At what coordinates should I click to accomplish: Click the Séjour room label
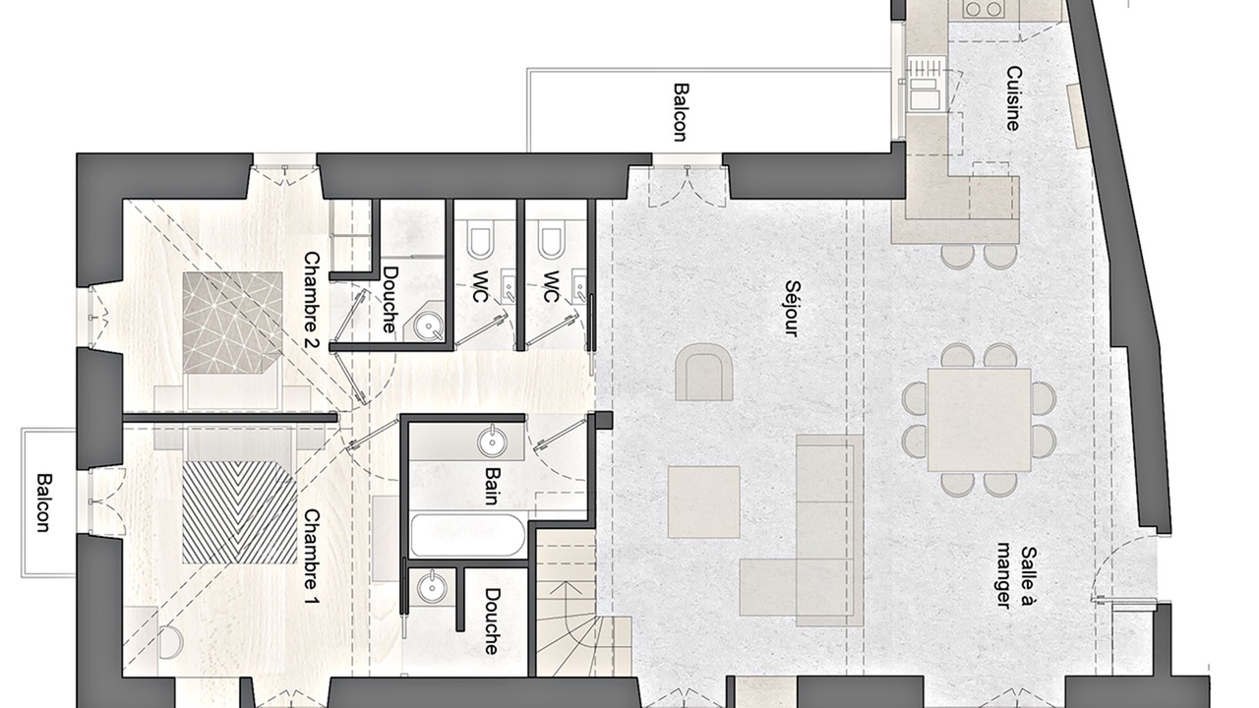(x=792, y=309)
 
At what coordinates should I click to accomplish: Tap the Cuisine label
(x=1013, y=98)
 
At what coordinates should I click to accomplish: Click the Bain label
(x=493, y=486)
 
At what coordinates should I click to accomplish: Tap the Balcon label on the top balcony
(x=681, y=112)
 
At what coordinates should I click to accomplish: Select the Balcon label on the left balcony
(x=43, y=502)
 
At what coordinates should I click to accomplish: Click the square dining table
(x=979, y=419)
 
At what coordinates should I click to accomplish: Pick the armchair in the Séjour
(x=703, y=372)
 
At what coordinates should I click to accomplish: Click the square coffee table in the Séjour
(x=703, y=501)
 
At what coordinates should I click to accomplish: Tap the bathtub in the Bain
(x=467, y=535)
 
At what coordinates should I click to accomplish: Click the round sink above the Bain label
(x=493, y=442)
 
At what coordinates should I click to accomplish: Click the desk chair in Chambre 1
(x=170, y=642)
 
